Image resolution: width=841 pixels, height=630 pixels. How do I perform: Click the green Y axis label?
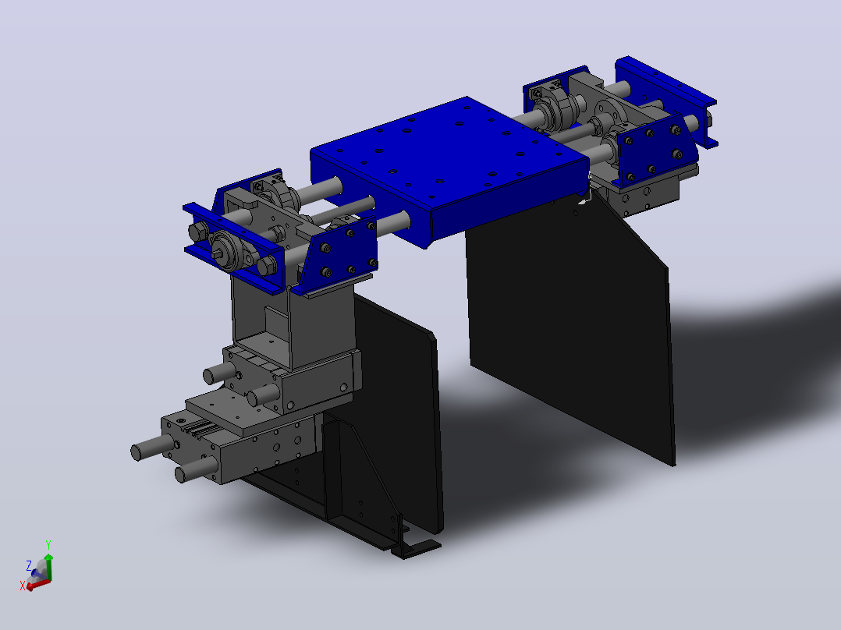48,545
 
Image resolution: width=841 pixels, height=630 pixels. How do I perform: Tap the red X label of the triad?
23,586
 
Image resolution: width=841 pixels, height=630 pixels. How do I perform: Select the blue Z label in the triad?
29,565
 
